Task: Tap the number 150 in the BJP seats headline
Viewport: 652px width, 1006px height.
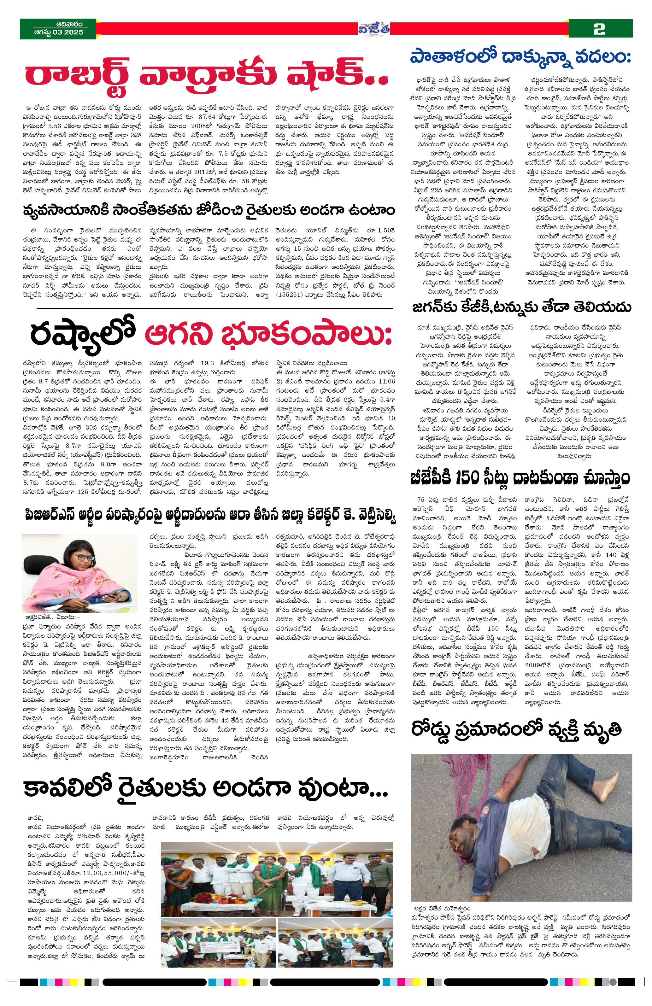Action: click(472, 478)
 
